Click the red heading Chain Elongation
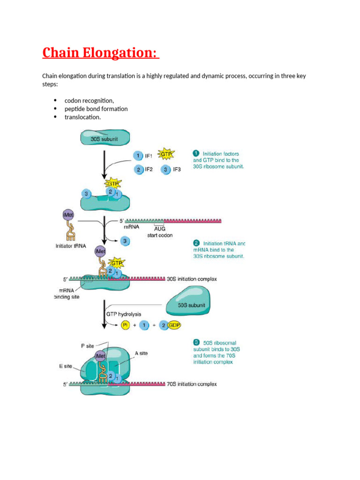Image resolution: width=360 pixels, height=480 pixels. (x=100, y=53)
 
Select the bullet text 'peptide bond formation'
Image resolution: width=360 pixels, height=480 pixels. (x=96, y=109)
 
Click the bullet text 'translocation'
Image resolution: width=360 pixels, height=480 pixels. (x=82, y=117)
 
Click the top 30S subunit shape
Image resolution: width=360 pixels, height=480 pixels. (x=105, y=139)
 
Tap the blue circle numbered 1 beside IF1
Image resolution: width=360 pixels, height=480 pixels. (x=137, y=156)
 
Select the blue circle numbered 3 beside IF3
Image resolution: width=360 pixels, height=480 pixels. (x=166, y=170)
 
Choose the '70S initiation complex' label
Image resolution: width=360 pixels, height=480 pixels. (x=192, y=384)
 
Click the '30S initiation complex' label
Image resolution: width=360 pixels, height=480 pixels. (x=192, y=279)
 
